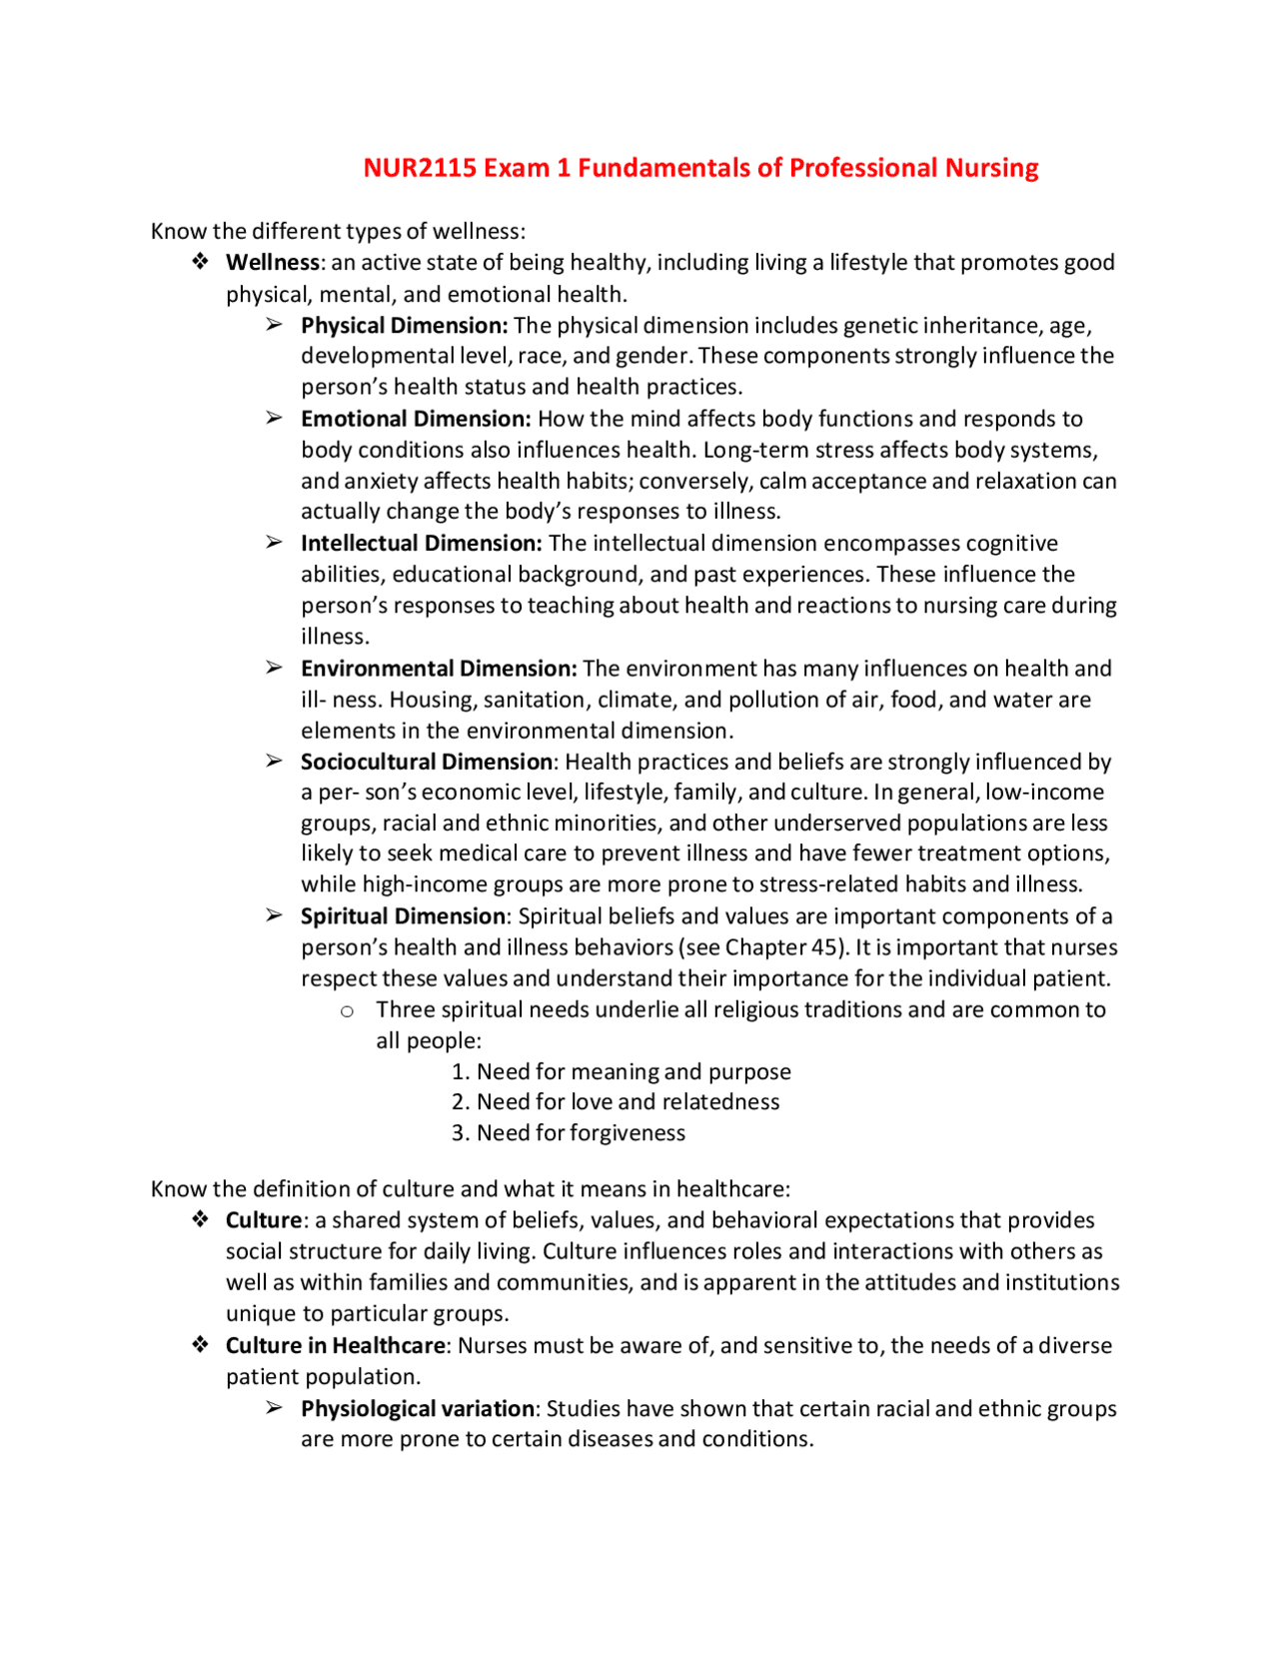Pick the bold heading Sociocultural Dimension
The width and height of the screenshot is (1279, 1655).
(427, 762)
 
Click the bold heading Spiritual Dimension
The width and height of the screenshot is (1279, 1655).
(403, 916)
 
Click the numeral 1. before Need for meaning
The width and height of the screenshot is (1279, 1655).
(460, 1072)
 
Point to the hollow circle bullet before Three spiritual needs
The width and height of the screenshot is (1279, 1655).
(347, 1011)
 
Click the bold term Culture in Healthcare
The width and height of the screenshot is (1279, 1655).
(335, 1346)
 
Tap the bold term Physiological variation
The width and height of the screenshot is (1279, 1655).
(418, 1409)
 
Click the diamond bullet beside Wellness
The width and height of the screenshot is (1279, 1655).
(201, 262)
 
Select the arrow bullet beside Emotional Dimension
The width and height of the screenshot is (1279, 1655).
(274, 418)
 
